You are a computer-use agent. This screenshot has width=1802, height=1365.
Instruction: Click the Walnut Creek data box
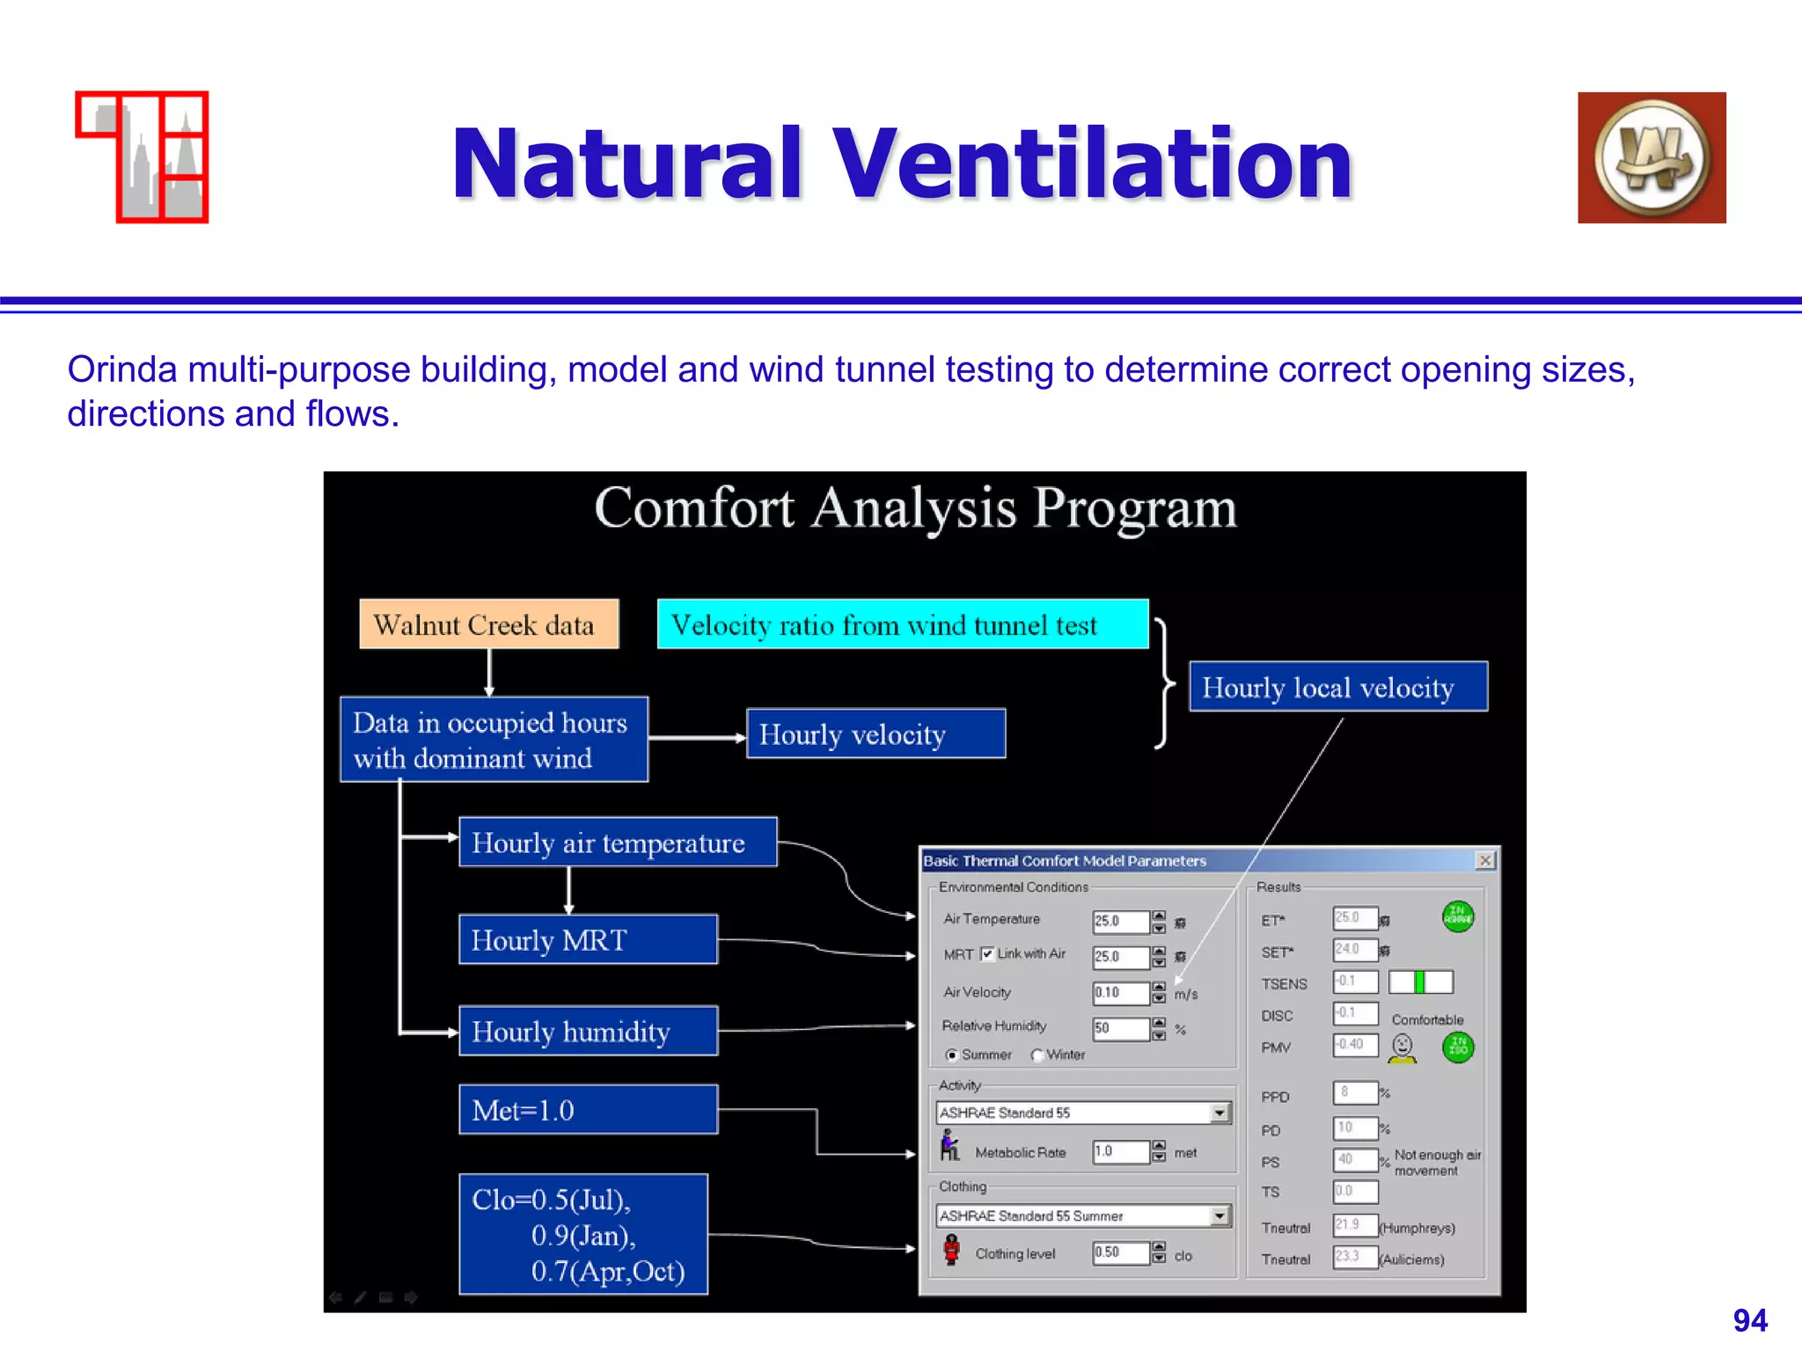[488, 624]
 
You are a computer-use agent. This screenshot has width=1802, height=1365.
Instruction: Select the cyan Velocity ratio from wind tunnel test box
[902, 624]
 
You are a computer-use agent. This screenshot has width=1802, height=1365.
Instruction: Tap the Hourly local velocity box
[1337, 687]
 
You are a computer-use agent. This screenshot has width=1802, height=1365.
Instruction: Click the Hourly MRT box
[588, 939]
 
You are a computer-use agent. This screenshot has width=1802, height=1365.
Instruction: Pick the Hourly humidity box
[588, 1031]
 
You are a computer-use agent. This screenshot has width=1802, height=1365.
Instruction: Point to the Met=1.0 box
[588, 1110]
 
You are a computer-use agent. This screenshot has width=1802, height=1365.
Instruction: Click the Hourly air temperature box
[617, 843]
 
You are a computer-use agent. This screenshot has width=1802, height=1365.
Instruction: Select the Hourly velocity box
[875, 734]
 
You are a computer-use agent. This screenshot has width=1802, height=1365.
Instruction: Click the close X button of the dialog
[1485, 860]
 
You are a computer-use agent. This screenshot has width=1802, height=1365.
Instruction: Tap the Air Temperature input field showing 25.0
[1119, 921]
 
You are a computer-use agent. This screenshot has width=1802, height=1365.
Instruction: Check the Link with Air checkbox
[987, 954]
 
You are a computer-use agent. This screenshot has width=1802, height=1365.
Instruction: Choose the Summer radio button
[951, 1055]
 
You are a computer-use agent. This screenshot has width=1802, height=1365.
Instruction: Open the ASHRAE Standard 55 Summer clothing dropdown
[1220, 1215]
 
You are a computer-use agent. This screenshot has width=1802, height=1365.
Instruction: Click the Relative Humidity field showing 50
[1119, 1028]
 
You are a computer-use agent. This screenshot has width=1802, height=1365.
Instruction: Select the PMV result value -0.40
[1354, 1045]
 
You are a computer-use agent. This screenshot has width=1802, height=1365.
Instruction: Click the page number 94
[1749, 1320]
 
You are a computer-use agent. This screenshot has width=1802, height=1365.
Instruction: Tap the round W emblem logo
[1652, 158]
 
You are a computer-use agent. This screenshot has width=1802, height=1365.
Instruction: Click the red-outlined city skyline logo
[143, 157]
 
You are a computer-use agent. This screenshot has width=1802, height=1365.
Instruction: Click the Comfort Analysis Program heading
[915, 508]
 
